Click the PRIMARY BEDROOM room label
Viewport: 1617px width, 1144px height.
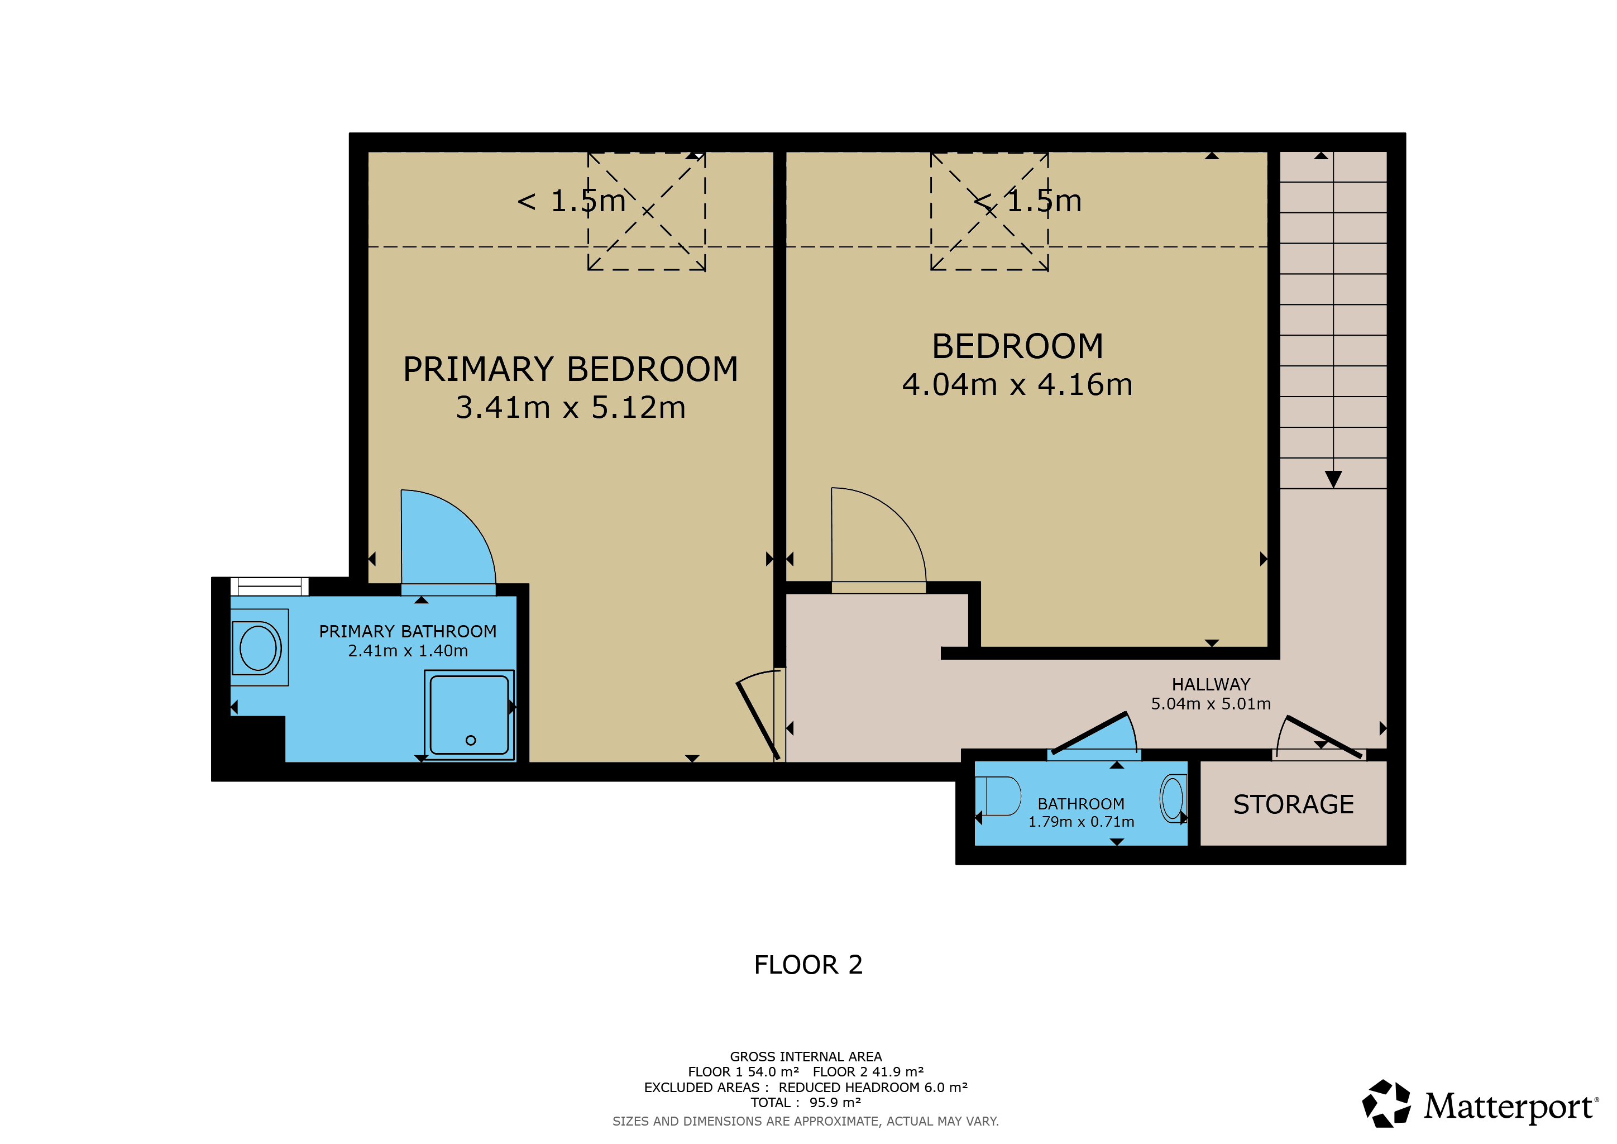click(571, 369)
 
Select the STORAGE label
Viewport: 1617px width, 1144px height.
click(1293, 804)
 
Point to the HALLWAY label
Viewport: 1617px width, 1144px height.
click(1211, 684)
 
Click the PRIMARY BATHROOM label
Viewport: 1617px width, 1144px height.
click(408, 631)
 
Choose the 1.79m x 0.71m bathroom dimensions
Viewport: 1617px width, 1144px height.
click(1081, 821)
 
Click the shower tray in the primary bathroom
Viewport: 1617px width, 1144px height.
click(469, 715)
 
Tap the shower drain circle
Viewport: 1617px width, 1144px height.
click(471, 740)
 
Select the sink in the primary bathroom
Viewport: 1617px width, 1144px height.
click(259, 647)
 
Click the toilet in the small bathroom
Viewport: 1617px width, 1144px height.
click(999, 796)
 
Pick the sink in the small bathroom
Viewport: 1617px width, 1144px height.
click(1173, 798)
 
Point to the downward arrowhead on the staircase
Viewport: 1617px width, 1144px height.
click(1333, 479)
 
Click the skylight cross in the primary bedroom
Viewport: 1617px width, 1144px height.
click(647, 211)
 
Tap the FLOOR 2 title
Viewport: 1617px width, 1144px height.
click(808, 964)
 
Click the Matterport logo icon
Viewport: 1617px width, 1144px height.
click(1386, 1103)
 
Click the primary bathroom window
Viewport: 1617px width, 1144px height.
click(270, 586)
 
